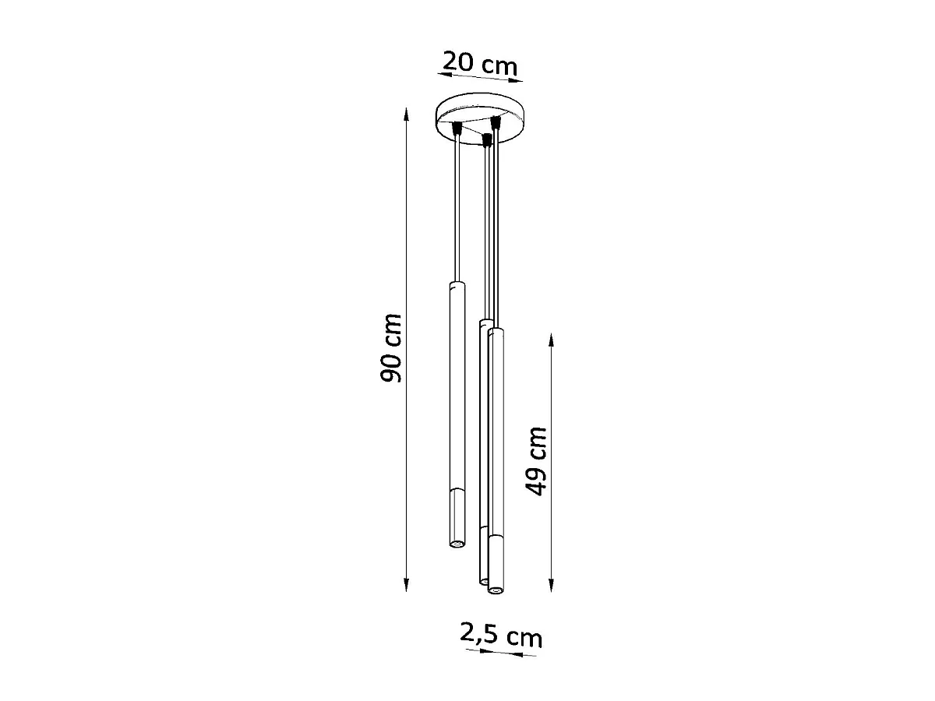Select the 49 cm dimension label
coord(536,461)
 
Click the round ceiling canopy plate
coord(480,118)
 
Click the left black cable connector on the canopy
coord(457,127)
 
